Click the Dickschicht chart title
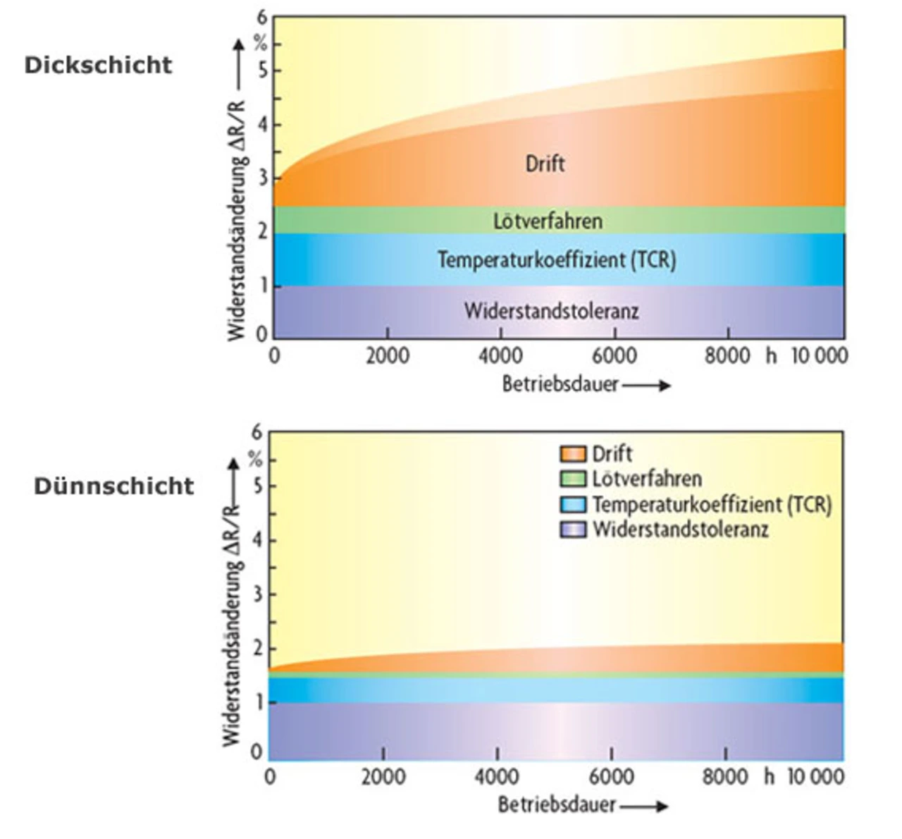(x=99, y=65)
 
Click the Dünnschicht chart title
(x=114, y=486)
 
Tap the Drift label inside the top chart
(x=545, y=164)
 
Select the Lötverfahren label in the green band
(x=548, y=221)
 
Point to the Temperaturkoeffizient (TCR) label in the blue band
(x=557, y=259)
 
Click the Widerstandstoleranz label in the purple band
(x=551, y=310)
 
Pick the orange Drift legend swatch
(x=573, y=453)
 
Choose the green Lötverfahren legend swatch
(x=573, y=479)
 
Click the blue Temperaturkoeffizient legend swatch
(x=573, y=504)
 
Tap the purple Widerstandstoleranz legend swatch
(x=573, y=529)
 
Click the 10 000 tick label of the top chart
(x=819, y=356)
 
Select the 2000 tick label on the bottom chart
(x=383, y=777)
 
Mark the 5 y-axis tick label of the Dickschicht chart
(x=262, y=71)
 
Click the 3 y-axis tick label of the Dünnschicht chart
(x=257, y=594)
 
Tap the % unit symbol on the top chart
(x=261, y=44)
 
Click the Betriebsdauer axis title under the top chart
(x=560, y=384)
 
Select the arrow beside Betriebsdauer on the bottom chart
(x=643, y=805)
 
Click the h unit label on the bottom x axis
(x=769, y=777)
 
